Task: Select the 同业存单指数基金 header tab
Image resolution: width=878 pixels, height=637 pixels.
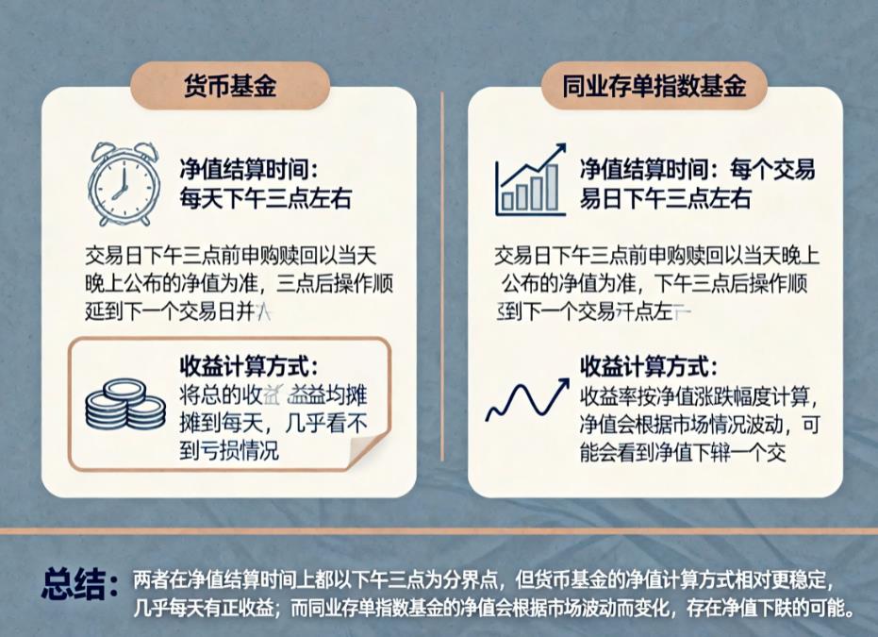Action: click(x=654, y=88)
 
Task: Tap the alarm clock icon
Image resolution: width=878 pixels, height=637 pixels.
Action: click(x=124, y=184)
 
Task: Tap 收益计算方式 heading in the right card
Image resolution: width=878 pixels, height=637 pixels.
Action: click(x=649, y=365)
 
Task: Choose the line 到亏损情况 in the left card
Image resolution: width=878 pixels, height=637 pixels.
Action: click(x=229, y=450)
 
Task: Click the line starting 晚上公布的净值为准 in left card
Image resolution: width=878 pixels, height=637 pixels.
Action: click(x=232, y=283)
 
